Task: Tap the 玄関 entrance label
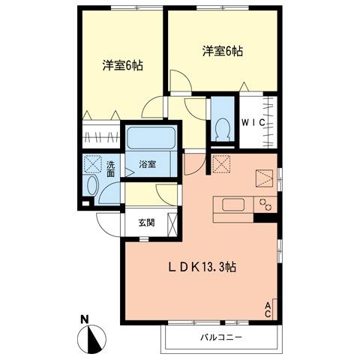tap(146, 223)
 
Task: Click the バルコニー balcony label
tap(220, 338)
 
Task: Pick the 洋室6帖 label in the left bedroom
tap(122, 65)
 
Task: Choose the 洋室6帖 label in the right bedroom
tap(223, 52)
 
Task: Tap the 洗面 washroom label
tap(109, 169)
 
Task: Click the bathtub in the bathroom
tap(151, 139)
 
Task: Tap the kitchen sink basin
tap(229, 205)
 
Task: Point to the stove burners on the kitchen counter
tap(265, 204)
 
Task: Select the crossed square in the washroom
tap(93, 163)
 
